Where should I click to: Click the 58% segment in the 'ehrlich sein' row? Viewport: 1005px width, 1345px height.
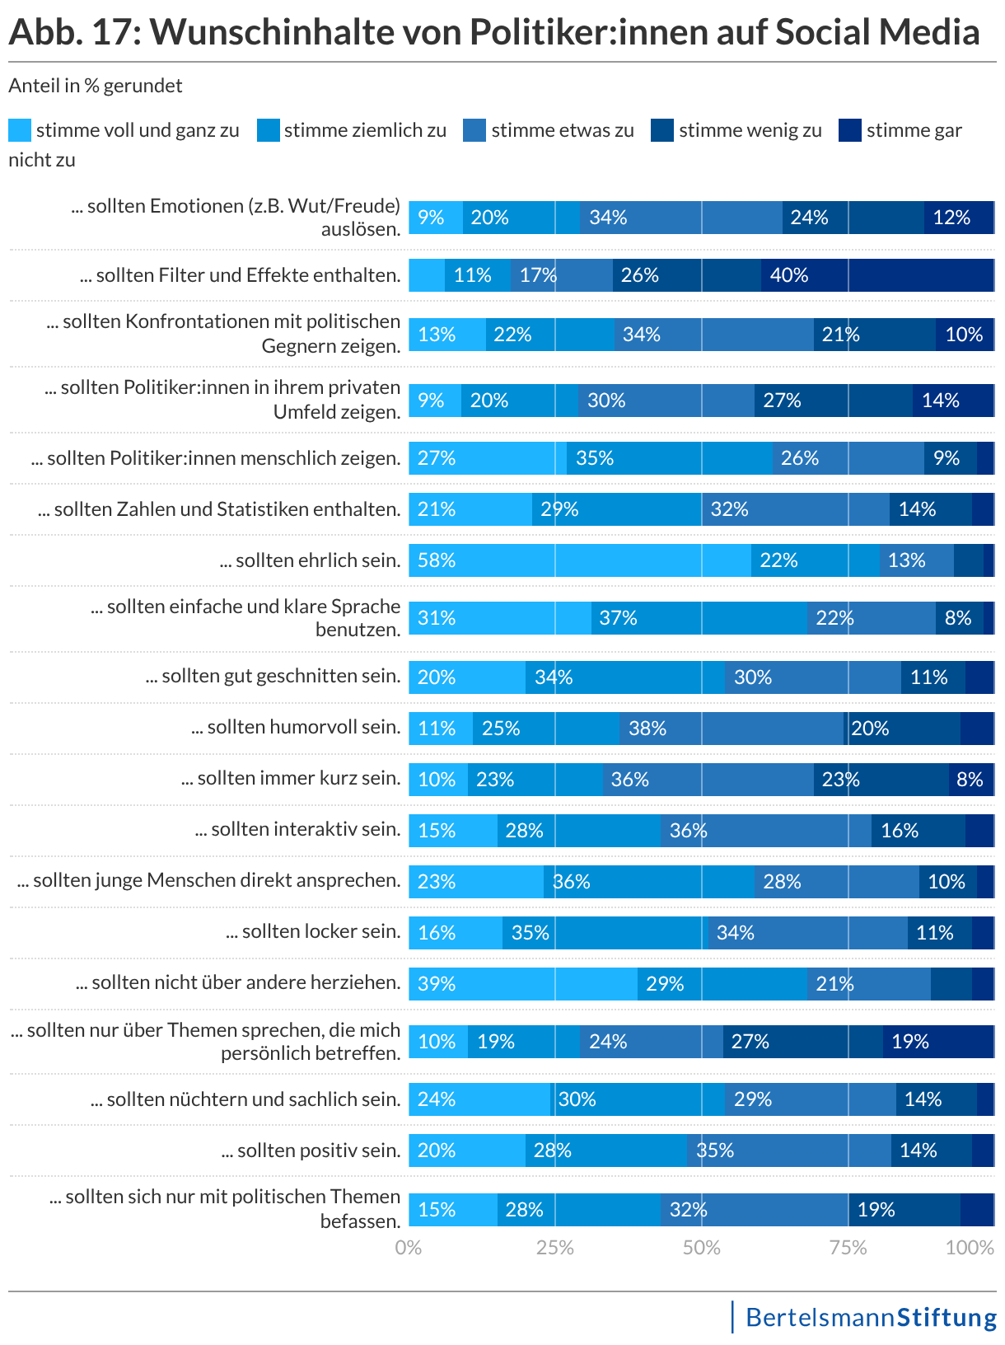point(580,560)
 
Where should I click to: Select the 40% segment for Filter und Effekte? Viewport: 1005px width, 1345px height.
point(877,275)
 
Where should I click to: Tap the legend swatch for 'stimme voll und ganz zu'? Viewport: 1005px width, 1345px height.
point(20,130)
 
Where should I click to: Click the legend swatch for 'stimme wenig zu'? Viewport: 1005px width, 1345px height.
point(662,130)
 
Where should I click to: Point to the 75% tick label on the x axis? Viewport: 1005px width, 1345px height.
point(848,1248)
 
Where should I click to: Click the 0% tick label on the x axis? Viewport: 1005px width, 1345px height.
point(409,1248)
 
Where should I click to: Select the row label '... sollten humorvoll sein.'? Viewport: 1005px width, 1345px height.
point(296,727)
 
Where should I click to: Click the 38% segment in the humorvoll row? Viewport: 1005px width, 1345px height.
point(732,729)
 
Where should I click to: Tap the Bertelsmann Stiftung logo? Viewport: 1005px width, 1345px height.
point(870,1317)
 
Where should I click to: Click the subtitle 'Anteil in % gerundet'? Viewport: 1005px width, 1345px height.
point(96,86)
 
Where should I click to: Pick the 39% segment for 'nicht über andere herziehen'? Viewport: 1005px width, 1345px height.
point(523,984)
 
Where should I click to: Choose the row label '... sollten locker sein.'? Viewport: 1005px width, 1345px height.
point(313,931)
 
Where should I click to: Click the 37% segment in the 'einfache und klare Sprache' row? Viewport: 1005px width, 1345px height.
point(699,618)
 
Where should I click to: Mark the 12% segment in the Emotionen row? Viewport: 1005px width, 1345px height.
point(959,218)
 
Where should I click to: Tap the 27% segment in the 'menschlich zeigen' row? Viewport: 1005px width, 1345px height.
point(488,458)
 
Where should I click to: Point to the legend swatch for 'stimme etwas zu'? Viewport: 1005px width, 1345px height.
point(474,130)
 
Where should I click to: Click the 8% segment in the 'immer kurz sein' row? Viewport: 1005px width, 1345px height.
point(971,780)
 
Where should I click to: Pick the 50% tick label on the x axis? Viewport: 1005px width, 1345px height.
point(701,1248)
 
